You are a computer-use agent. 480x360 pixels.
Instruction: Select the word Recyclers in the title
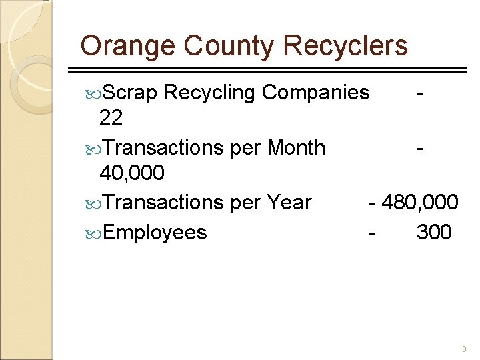[x=345, y=47]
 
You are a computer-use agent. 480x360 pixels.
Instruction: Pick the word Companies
[x=315, y=92]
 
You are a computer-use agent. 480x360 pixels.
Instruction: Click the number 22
[x=111, y=119]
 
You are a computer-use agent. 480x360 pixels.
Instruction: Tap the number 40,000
[x=131, y=173]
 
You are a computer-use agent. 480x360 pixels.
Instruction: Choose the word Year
[x=289, y=202]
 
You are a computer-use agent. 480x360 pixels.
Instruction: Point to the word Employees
[x=155, y=233]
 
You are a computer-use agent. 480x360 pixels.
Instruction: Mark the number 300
[x=434, y=233]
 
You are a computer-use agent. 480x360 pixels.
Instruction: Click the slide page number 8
[x=464, y=349]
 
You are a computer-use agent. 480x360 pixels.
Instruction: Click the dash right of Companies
[x=418, y=92]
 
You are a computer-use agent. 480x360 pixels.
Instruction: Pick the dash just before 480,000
[x=372, y=202]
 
